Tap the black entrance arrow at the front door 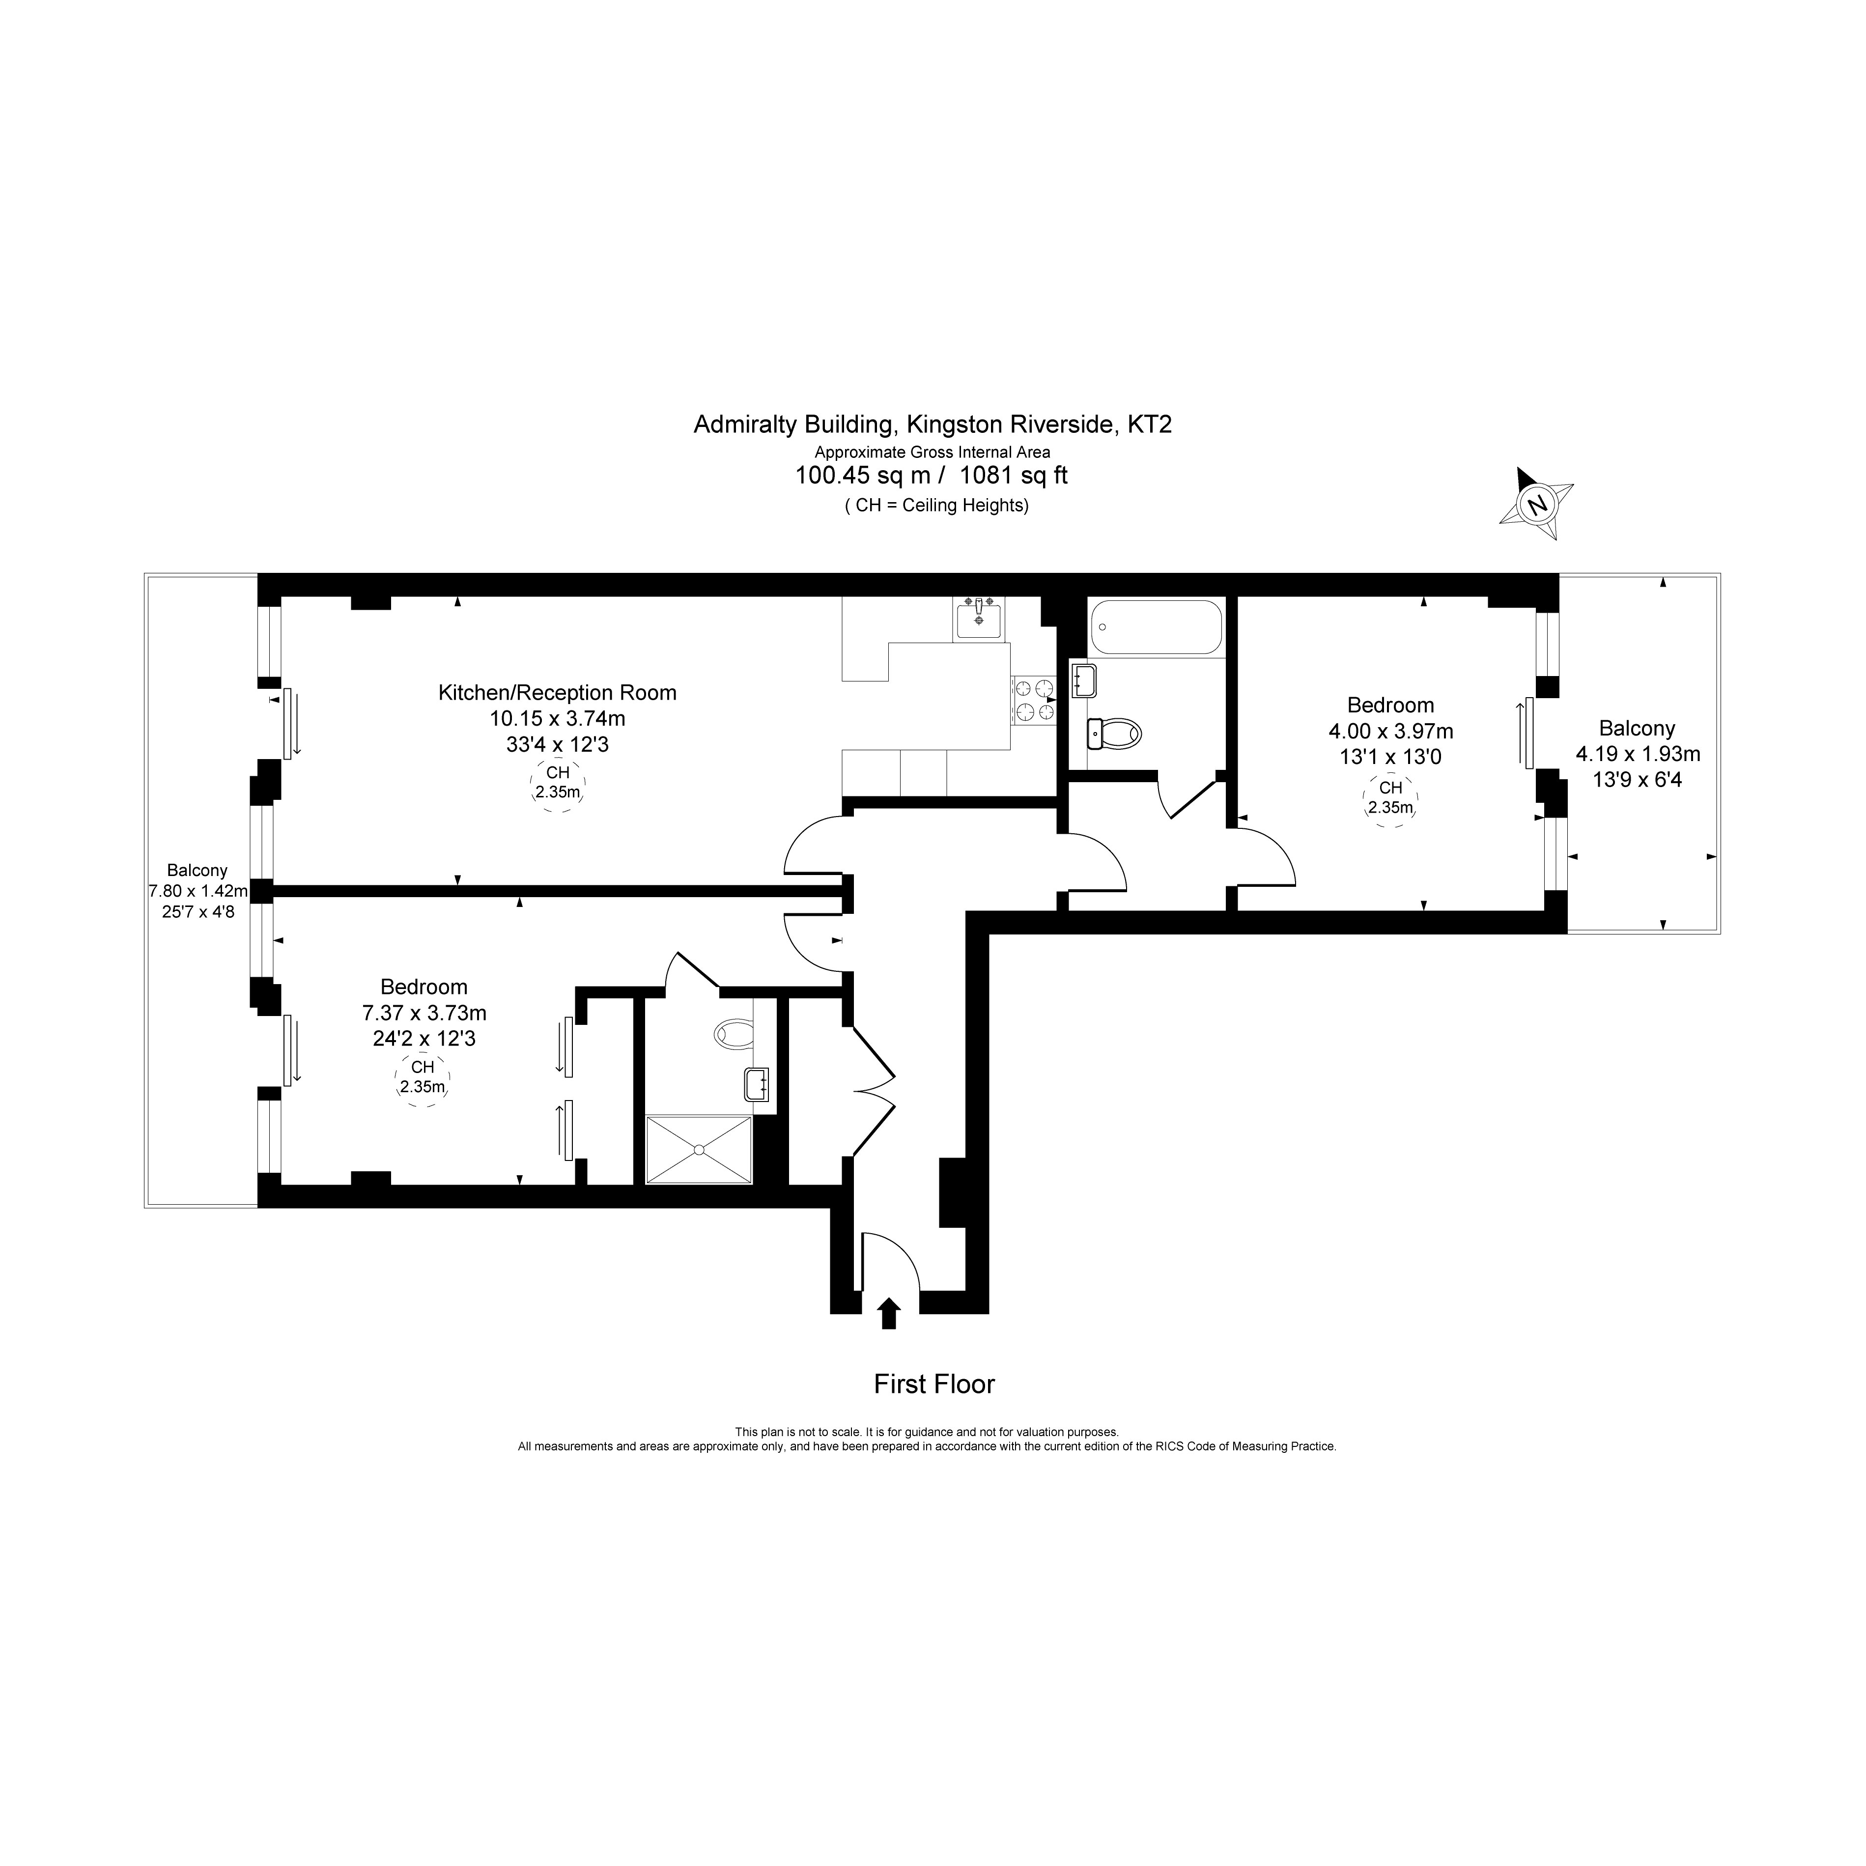(889, 1314)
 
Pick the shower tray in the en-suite (698, 1149)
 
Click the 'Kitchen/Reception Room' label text (557, 693)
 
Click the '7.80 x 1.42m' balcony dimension (198, 891)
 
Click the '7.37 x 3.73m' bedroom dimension (424, 1013)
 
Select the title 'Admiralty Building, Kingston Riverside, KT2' (933, 424)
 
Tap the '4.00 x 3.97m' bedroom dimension (1391, 731)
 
